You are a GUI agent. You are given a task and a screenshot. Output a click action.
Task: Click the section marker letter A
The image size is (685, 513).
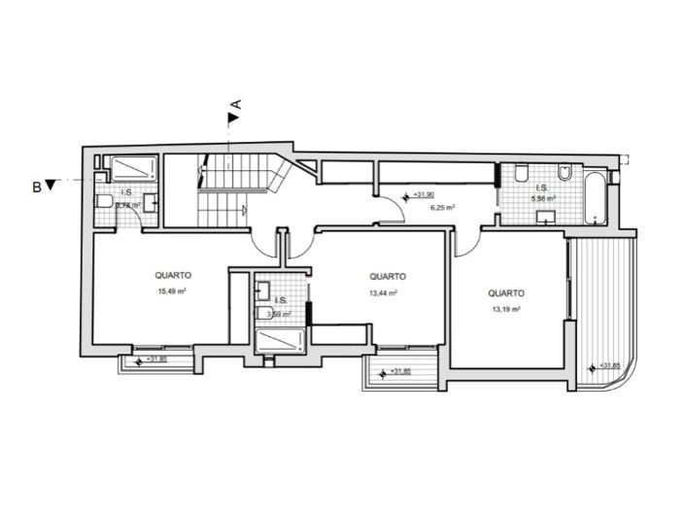tap(235, 102)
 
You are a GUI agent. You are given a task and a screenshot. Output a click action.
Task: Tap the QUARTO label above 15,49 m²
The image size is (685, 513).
tap(170, 274)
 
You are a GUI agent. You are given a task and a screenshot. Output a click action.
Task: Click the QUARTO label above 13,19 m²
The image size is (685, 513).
tap(506, 291)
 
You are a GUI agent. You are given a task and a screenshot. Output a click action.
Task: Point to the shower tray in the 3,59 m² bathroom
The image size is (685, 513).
tap(280, 341)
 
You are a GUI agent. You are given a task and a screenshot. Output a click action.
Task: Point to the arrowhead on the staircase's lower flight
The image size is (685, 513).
tap(244, 209)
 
